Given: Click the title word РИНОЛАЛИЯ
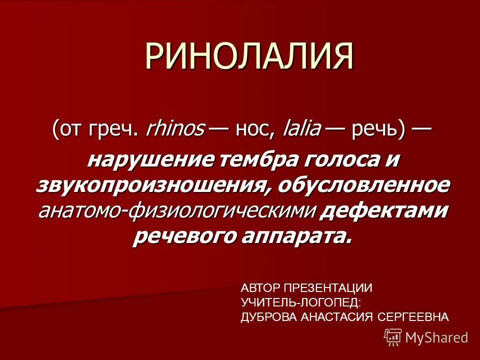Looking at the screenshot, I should [x=249, y=56].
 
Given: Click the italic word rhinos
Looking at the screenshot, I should [x=174, y=130].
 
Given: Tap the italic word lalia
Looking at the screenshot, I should [x=301, y=130].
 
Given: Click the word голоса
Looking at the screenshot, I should [x=338, y=160].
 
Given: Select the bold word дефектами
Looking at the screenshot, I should [x=383, y=210].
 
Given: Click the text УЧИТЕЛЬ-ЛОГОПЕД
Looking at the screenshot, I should [x=300, y=302].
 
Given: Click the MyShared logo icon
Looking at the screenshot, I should [x=393, y=337].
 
